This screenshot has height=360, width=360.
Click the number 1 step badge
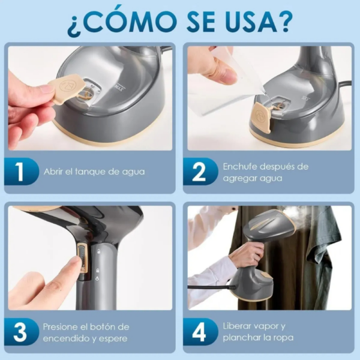click(19, 171)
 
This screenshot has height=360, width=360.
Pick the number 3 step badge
click(19, 332)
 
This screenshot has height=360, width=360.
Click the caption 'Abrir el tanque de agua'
click(94, 172)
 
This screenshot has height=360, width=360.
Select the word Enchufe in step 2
click(240, 166)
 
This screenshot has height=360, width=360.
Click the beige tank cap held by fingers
click(65, 88)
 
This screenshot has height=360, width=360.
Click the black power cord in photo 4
click(210, 287)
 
